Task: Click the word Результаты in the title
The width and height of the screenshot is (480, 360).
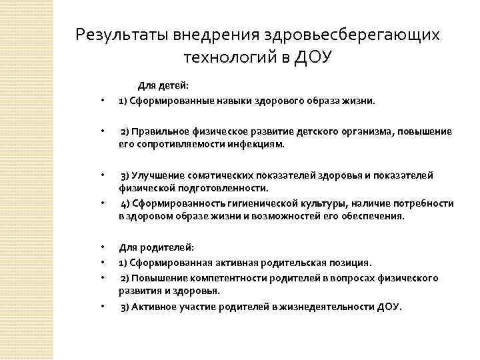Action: coord(123,34)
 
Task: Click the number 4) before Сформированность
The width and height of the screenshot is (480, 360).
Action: coord(125,203)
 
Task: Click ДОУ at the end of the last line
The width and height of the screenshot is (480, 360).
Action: coord(389,307)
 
